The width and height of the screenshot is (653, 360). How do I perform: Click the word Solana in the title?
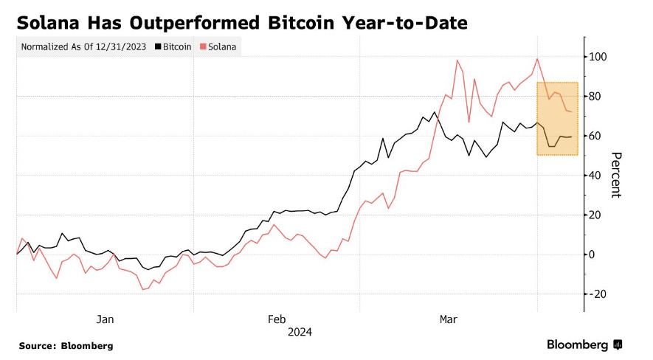click(52, 24)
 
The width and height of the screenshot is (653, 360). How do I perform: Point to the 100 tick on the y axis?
click(597, 57)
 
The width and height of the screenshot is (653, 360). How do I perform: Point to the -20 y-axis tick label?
click(597, 294)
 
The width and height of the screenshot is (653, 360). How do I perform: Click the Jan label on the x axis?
click(105, 319)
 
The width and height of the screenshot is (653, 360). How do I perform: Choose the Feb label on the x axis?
click(276, 319)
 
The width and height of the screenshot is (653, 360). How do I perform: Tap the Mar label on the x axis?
click(448, 319)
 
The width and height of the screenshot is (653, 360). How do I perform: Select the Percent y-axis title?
click(617, 175)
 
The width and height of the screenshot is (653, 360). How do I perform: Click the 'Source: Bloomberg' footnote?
click(66, 345)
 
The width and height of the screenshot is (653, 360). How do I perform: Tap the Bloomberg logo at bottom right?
click(584, 345)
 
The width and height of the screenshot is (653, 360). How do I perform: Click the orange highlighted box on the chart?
click(557, 118)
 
